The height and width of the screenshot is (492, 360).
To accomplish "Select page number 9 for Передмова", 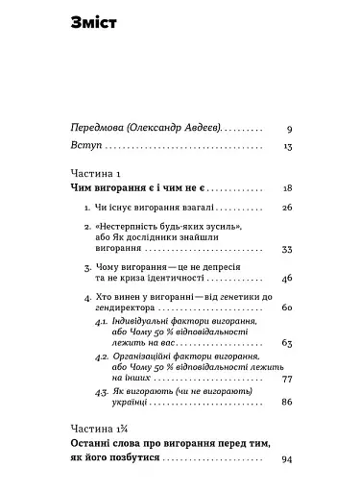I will click(288, 127).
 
